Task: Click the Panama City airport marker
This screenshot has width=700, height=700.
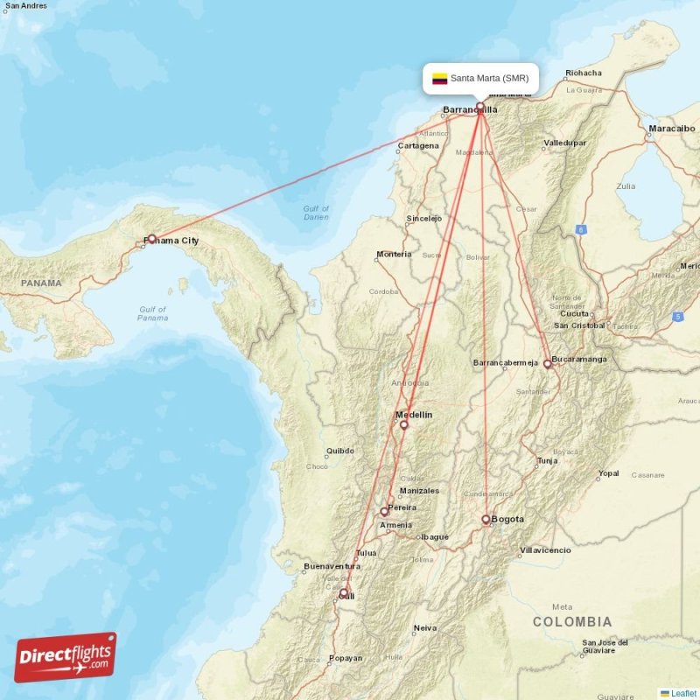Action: [x=151, y=238]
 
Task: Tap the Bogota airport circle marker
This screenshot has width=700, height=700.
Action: [x=486, y=520]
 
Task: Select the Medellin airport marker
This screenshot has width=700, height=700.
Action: [x=404, y=424]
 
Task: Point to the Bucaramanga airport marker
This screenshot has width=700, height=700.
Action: [x=548, y=363]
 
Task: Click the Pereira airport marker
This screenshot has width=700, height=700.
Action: [x=384, y=511]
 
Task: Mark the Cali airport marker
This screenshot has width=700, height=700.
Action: [x=344, y=593]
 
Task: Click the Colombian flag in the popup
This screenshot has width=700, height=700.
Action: [x=439, y=79]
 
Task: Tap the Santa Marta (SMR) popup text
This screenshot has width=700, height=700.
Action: [x=489, y=79]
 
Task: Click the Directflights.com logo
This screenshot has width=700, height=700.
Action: [x=66, y=657]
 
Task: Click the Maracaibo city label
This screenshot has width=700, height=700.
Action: [x=672, y=129]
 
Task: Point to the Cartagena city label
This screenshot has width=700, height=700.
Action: [x=418, y=146]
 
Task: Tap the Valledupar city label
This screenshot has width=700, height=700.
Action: [x=564, y=143]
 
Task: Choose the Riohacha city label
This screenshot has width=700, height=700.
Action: [x=584, y=73]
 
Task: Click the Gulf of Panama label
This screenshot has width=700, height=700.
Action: [x=153, y=313]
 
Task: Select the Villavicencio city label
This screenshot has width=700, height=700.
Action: [x=545, y=550]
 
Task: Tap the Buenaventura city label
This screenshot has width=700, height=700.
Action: [x=332, y=567]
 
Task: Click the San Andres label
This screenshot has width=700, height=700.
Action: [x=26, y=6]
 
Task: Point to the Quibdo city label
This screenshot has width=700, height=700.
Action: [x=339, y=452]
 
